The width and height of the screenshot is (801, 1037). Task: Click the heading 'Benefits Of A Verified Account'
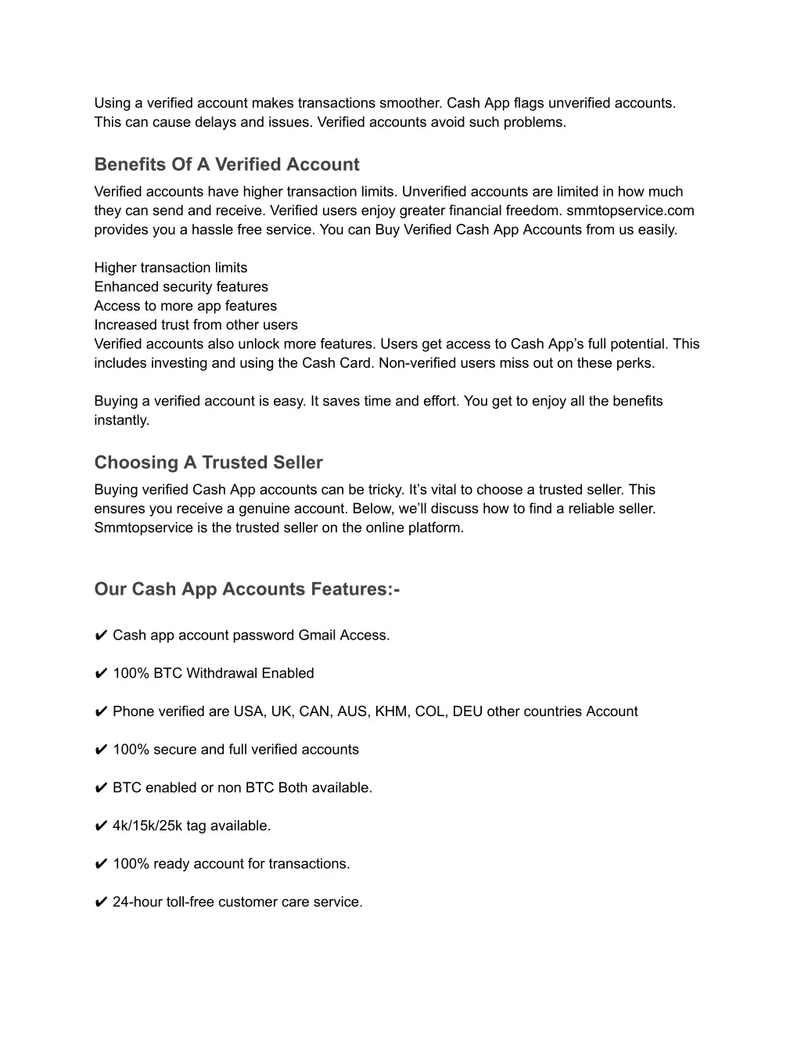[227, 164]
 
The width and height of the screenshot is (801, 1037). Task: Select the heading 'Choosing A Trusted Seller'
[208, 463]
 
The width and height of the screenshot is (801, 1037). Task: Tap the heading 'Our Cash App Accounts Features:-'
[246, 589]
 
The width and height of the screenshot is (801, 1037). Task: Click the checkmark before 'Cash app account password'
[101, 636]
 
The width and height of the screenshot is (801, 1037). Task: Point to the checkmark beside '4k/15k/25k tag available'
[101, 826]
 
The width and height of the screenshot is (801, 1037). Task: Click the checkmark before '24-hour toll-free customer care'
[101, 902]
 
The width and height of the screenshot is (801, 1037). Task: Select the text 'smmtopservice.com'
[630, 211]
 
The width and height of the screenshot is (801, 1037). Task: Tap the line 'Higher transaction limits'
[171, 268]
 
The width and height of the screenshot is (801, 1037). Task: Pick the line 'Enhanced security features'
[181, 287]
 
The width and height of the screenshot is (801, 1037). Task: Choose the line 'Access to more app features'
[185, 306]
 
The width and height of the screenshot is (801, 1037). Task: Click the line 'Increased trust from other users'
[196, 325]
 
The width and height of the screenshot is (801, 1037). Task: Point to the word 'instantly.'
[121, 420]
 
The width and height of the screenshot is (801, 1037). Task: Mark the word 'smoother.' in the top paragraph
[411, 103]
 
